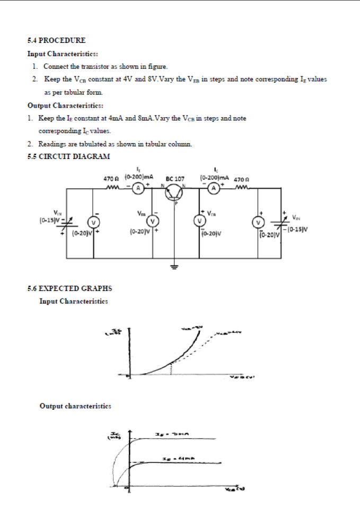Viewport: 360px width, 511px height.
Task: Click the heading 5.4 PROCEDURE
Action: [56, 40]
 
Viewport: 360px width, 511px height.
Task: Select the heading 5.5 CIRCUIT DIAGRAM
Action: [69, 156]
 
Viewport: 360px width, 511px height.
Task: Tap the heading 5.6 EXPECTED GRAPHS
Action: [69, 288]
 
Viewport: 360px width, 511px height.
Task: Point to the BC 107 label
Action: [175, 179]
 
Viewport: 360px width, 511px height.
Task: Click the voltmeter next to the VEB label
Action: [153, 220]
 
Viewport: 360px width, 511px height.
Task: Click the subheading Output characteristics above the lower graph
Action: [75, 406]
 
